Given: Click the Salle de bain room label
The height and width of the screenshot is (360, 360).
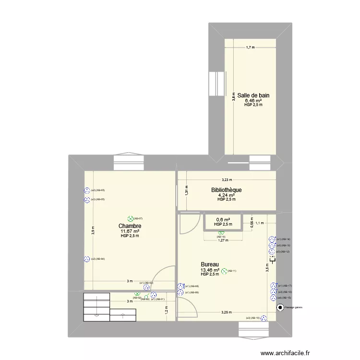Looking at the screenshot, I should pos(253,96).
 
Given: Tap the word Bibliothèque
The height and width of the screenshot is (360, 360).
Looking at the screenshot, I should pos(227,190).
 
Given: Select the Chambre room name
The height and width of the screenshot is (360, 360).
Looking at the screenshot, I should pos(130,226).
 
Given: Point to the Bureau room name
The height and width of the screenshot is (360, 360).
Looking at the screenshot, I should pos(210,264).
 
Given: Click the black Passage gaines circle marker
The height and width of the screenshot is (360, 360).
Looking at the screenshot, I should pos(280,308).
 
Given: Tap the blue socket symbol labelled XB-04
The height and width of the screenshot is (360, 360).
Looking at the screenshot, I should pos(87,259).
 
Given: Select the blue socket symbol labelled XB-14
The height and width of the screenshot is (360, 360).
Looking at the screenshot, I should pos(272,239).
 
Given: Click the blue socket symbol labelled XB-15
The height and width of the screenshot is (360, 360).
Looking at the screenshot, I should pos(273,298).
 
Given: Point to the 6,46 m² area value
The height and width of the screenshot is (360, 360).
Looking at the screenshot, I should pos(253,101).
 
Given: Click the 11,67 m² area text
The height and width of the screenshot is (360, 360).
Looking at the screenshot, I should pos(130,231).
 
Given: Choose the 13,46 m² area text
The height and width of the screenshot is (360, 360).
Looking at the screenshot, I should pos(210,270).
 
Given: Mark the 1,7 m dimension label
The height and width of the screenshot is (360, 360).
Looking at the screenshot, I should pos(250,48).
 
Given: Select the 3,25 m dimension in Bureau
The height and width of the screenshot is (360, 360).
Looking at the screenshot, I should pos(226,312).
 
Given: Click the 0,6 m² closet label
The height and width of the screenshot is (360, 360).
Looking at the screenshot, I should pos(223,220).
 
